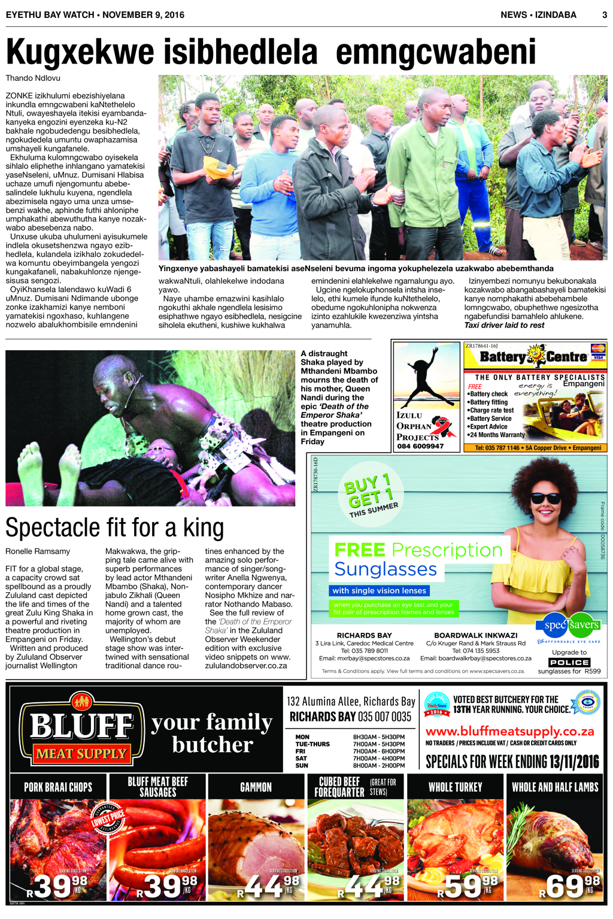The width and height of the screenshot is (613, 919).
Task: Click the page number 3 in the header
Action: pyautogui.click(x=604, y=14)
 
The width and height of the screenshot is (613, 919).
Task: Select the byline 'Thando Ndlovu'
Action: pyautogui.click(x=33, y=78)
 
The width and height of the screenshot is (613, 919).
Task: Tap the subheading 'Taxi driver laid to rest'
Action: pyautogui.click(x=504, y=325)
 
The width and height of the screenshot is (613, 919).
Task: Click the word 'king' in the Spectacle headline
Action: pyautogui.click(x=204, y=527)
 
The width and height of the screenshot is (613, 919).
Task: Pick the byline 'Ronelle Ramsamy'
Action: pyautogui.click(x=38, y=551)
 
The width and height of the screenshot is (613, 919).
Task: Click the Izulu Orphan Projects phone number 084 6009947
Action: pyautogui.click(x=420, y=446)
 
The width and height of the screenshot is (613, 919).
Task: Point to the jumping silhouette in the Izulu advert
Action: pyautogui.click(x=427, y=378)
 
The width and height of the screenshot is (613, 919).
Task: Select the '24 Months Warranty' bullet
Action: pyautogui.click(x=497, y=435)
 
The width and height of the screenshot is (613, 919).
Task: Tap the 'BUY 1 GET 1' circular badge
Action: pyautogui.click(x=371, y=493)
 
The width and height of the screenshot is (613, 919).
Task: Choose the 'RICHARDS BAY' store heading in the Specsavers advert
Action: pyautogui.click(x=364, y=635)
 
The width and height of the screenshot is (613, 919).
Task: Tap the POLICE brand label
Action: pyautogui.click(x=569, y=662)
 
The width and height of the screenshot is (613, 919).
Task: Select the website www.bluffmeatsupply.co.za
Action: pyautogui.click(x=509, y=731)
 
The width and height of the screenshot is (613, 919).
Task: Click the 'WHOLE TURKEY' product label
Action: pyautogui.click(x=455, y=787)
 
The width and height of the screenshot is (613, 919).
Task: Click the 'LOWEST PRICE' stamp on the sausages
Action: pyautogui.click(x=108, y=818)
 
